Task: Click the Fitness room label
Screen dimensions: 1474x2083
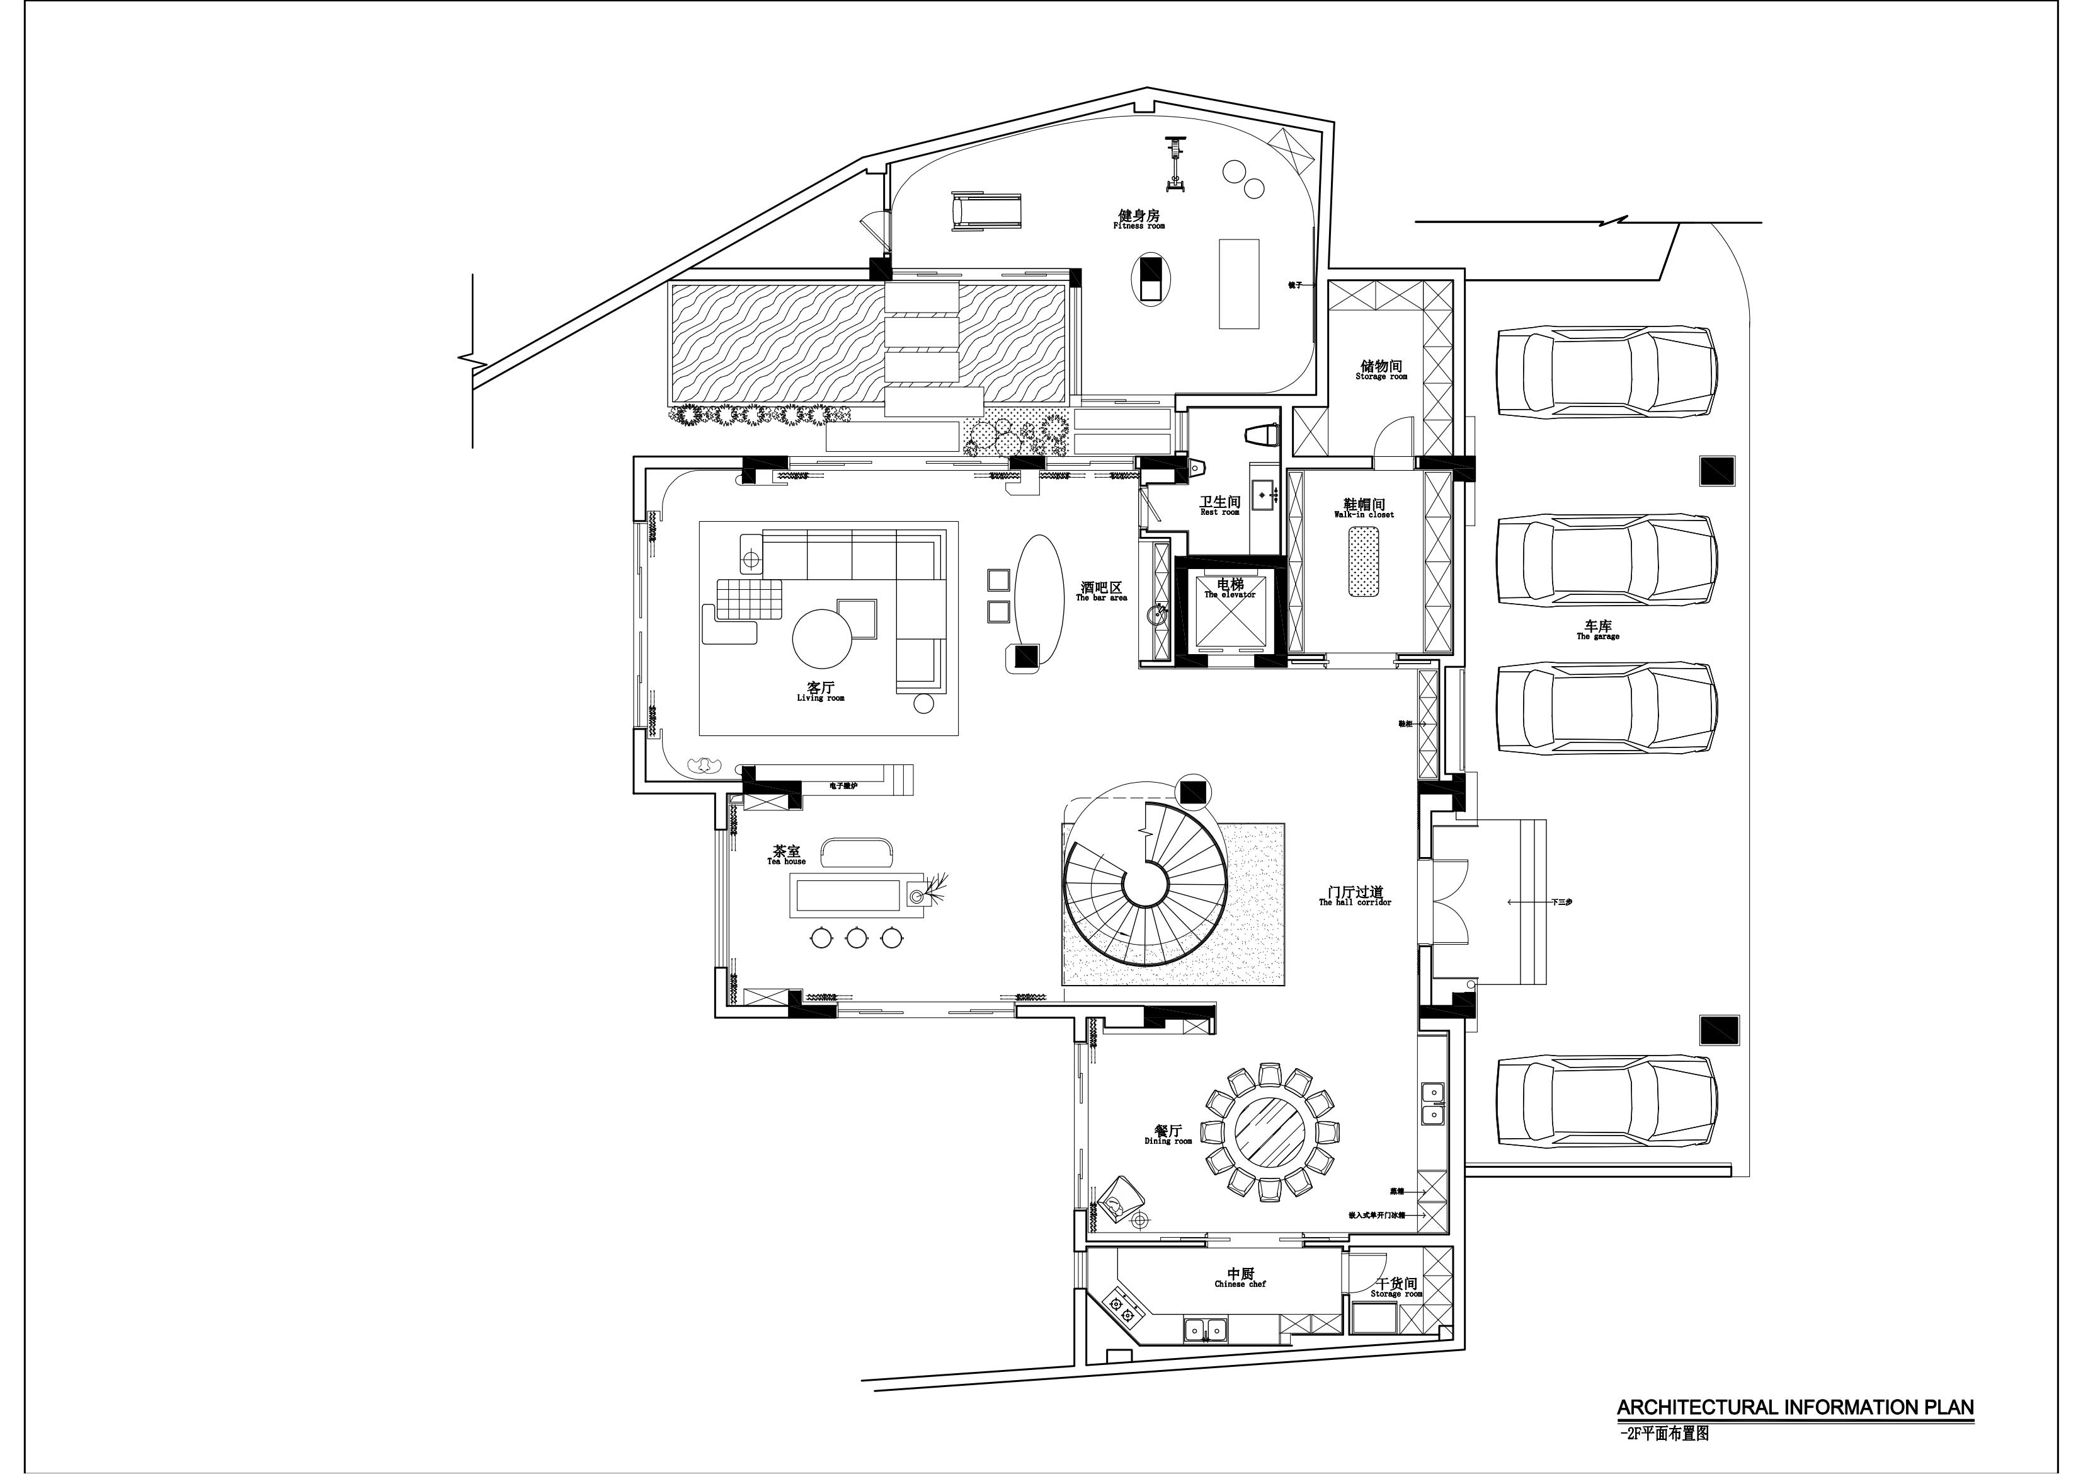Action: (x=1139, y=219)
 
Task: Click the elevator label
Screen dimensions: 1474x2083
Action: (x=1230, y=588)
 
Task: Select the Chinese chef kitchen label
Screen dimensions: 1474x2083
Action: (x=1240, y=1278)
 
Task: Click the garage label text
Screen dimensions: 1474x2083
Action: (x=1597, y=630)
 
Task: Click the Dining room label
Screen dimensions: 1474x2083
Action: (x=1168, y=1134)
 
